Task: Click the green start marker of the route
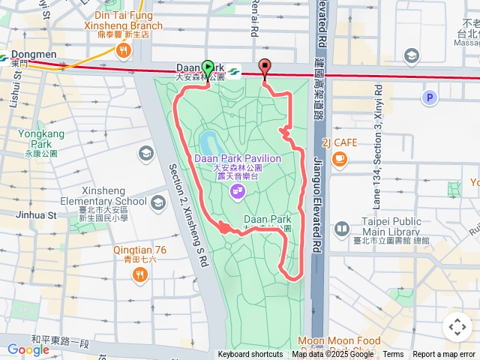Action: point(207,67)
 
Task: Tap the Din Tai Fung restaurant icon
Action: point(124,51)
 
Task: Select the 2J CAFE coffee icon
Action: point(340,157)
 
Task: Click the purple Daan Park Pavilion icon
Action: point(237,193)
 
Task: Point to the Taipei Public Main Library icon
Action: point(342,229)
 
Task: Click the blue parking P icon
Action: point(429,97)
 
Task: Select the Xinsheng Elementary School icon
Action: point(157,202)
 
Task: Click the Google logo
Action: point(28,349)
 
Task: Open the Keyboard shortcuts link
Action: point(250,355)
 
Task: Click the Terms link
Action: point(393,355)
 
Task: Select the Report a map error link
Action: point(444,355)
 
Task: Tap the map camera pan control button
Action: point(457,326)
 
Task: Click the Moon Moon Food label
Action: point(339,341)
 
